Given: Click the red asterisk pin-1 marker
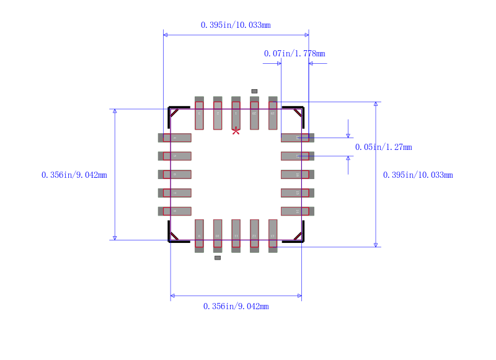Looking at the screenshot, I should (236, 130).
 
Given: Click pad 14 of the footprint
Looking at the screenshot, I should (298, 211).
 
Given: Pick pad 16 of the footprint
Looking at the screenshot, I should (298, 174).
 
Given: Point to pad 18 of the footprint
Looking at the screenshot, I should (298, 138).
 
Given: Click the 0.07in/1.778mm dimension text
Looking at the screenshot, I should (294, 53).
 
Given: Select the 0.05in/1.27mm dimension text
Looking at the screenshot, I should (383, 147).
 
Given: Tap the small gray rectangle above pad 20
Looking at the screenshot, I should (254, 91).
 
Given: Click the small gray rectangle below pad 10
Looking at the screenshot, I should (218, 257).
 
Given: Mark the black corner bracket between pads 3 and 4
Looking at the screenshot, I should (174, 112).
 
